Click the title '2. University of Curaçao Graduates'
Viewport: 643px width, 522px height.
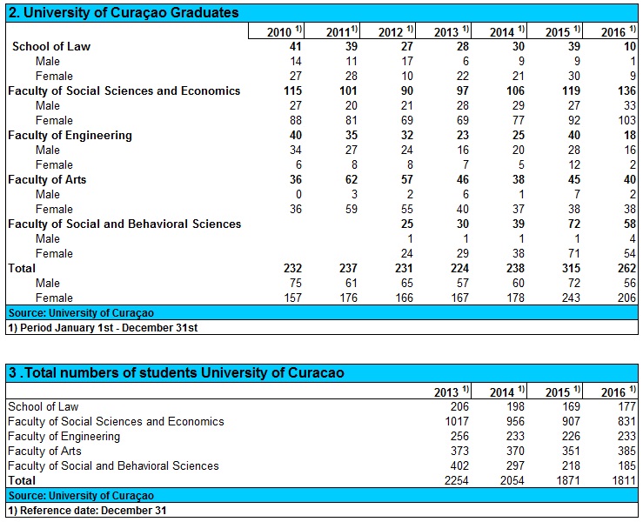tap(123, 13)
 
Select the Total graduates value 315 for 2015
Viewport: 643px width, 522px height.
tap(572, 269)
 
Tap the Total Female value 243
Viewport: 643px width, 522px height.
tap(572, 298)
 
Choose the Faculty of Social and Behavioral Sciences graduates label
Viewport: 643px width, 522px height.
tap(124, 224)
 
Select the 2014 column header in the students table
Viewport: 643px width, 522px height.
tap(504, 392)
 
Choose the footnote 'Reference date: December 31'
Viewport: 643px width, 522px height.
tap(86, 510)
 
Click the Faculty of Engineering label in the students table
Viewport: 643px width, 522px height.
tap(64, 436)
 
